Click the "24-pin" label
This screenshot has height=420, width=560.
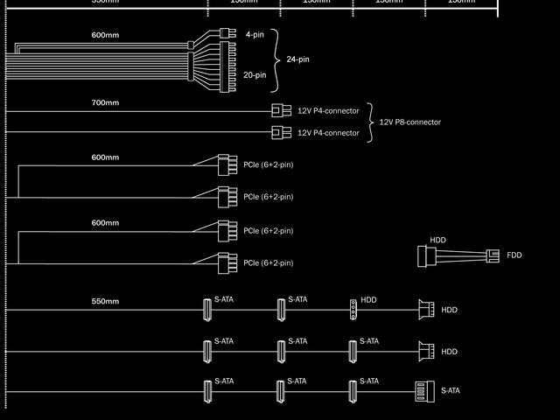tap(297, 59)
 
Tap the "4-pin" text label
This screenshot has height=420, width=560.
tap(255, 34)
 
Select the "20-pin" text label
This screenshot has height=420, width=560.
tap(255, 75)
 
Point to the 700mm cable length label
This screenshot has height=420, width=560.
tap(105, 103)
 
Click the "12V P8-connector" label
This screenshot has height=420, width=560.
tap(409, 122)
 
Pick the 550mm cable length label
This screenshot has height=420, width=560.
tap(105, 301)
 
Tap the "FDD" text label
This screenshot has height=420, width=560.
tap(514, 255)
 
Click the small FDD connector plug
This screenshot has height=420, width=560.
tap(493, 255)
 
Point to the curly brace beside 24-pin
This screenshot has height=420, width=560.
tap(277, 59)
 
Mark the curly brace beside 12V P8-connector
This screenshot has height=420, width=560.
tap(371, 122)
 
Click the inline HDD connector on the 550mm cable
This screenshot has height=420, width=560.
tap(353, 309)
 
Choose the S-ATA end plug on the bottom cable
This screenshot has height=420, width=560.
tap(423, 391)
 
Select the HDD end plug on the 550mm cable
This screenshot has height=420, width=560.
tap(426, 310)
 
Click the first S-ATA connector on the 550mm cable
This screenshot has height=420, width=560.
tap(208, 309)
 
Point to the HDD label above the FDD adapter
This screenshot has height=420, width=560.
tap(437, 240)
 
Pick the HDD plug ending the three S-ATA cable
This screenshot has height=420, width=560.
tap(426, 352)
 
